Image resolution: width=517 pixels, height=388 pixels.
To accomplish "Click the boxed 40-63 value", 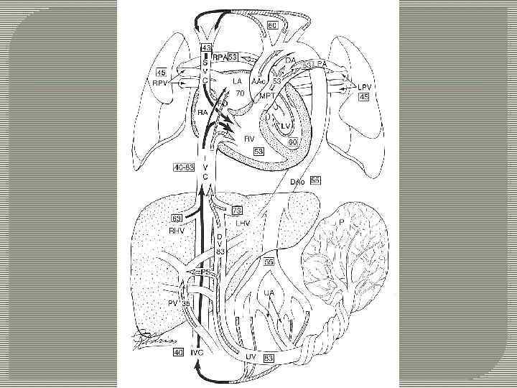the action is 183,167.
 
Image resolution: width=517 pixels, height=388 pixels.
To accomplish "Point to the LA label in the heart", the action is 237,82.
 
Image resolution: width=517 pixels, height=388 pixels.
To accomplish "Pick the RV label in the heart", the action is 250,139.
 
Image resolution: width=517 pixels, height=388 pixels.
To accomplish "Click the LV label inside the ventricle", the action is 286,125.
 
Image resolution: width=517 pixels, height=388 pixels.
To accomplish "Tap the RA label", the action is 204,113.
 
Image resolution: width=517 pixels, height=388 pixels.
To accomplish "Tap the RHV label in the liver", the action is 177,231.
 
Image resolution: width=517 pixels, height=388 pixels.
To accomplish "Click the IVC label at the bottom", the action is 199,354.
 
